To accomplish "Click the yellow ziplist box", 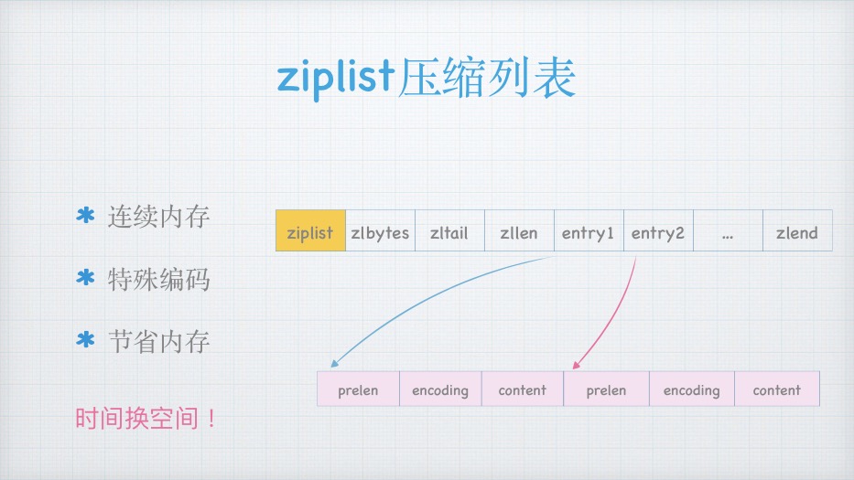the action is (x=310, y=230).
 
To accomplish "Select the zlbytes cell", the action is (x=380, y=230).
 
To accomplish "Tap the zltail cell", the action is (x=449, y=230).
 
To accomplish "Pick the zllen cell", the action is (x=520, y=230).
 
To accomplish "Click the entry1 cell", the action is (x=589, y=230).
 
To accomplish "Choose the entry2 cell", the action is (x=658, y=230).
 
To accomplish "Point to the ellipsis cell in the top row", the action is (x=729, y=230).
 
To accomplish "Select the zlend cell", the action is (x=798, y=230).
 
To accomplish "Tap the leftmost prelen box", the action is (x=359, y=389).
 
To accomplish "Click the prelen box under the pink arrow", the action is (x=606, y=389).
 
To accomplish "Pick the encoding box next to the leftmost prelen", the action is (x=440, y=389).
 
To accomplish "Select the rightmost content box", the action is (x=777, y=389).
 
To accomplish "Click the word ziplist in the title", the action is (x=336, y=78).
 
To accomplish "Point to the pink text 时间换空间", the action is (x=145, y=419).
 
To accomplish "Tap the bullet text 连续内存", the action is (x=158, y=217).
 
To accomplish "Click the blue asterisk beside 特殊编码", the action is (x=85, y=278).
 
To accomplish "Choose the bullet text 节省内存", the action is (x=158, y=342).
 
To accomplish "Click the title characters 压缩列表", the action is (x=486, y=78).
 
